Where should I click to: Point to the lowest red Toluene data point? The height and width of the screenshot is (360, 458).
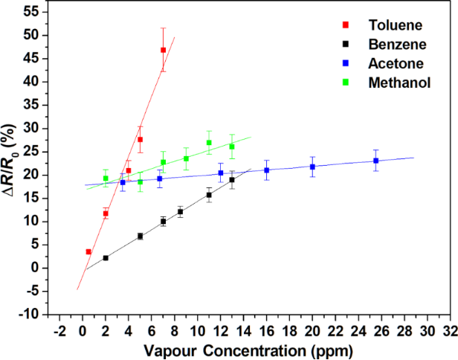point(88,251)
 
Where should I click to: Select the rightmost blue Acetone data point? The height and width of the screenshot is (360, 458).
point(376,161)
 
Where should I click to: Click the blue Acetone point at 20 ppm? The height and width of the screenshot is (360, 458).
point(312,167)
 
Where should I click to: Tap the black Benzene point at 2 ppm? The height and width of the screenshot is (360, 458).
point(106,258)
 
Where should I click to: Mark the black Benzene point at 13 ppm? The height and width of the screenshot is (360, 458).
point(232,180)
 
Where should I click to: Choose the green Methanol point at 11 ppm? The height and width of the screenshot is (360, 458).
point(209,143)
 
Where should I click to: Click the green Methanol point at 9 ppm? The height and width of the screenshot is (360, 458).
point(186,158)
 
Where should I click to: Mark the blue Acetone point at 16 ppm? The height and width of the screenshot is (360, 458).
point(266,170)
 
